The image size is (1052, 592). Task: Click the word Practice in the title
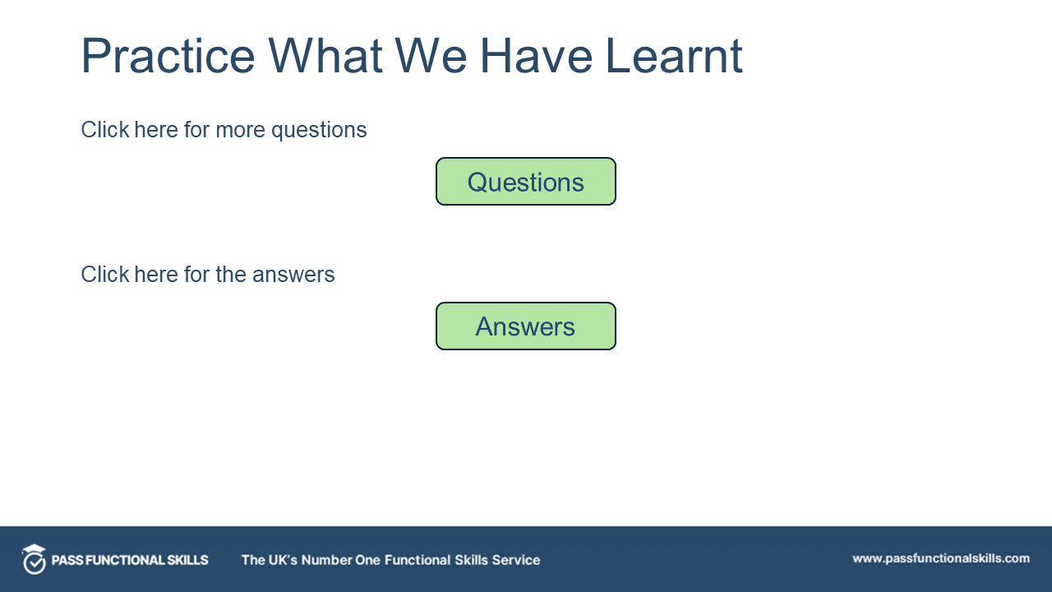click(168, 57)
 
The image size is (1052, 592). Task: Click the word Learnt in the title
click(674, 57)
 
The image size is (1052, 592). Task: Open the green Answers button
click(525, 326)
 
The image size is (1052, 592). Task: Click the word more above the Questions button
click(241, 130)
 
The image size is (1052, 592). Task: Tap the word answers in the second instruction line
click(293, 275)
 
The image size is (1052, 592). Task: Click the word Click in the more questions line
click(105, 130)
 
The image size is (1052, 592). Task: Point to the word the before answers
click(231, 275)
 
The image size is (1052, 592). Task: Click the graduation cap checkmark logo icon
click(34, 559)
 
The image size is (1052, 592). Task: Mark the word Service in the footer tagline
click(516, 560)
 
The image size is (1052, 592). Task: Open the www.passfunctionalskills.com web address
click(940, 558)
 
